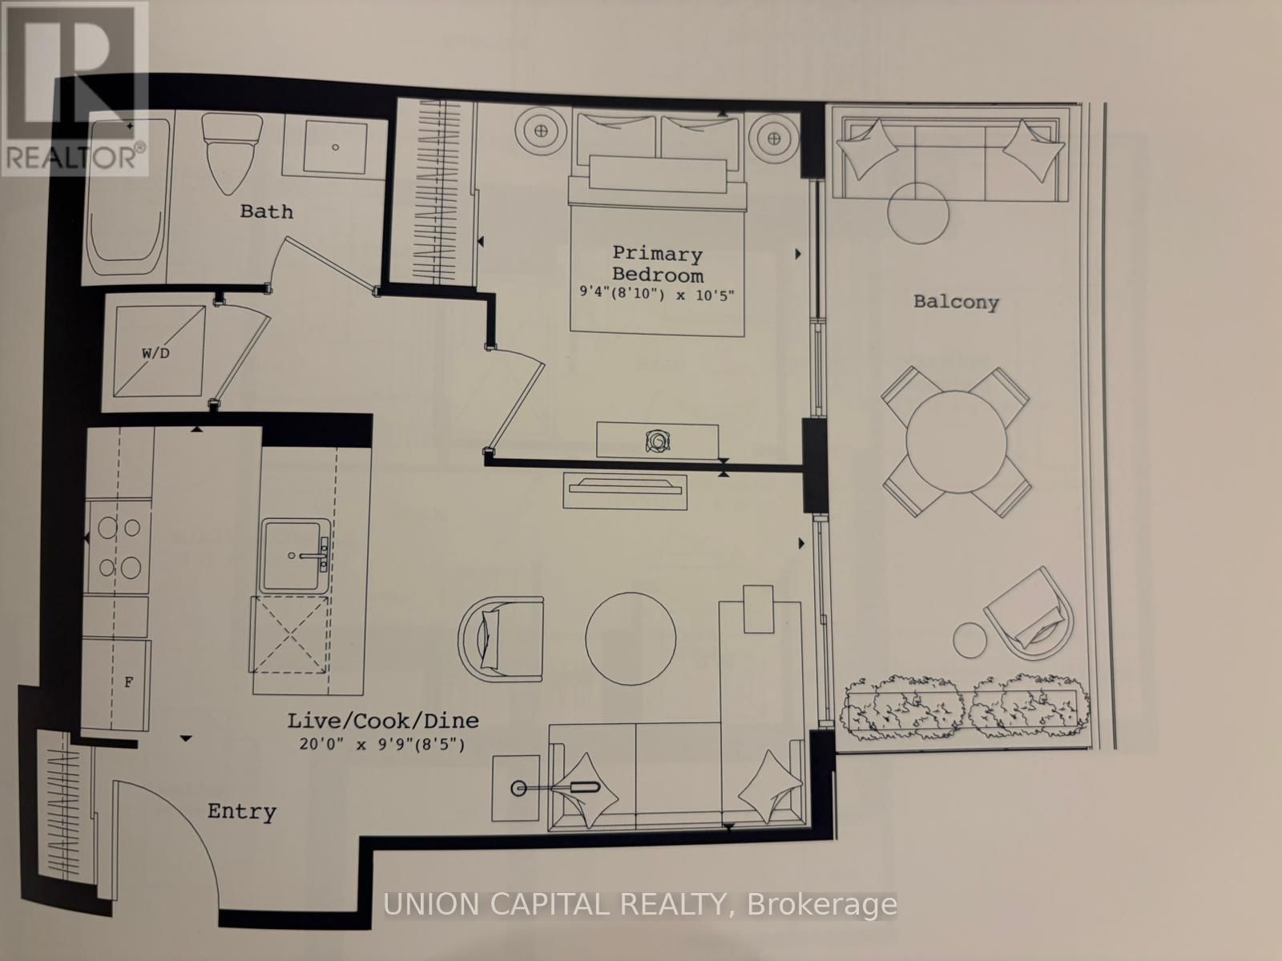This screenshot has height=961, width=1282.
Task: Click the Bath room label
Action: point(266,211)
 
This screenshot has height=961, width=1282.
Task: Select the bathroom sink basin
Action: point(334,147)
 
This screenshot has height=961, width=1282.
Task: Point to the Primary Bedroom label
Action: point(657,264)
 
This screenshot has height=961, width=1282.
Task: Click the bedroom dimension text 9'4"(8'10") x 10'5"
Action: point(657,294)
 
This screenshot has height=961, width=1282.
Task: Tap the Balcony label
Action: point(956,302)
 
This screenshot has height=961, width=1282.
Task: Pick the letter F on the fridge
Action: point(127,682)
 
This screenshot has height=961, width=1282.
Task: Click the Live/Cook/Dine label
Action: point(383,720)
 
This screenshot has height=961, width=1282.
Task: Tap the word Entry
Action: point(241,811)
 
